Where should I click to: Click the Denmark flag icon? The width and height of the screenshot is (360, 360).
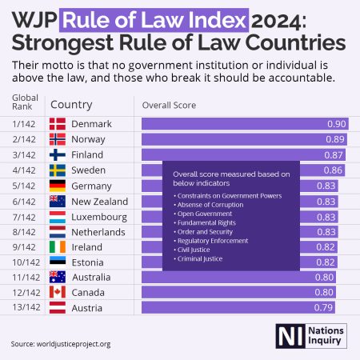point(58,124)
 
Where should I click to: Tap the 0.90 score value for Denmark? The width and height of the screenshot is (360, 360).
point(337,124)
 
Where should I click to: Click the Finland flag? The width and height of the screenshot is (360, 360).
point(58,155)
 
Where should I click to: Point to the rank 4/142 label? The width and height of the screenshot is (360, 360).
point(22,170)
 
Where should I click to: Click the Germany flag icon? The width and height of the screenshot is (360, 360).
point(58,186)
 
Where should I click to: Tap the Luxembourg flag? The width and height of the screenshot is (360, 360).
point(58,217)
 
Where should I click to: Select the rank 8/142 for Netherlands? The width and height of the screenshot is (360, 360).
point(22,232)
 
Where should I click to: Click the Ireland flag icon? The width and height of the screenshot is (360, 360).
point(58,247)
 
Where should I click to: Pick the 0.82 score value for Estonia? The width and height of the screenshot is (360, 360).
point(335,262)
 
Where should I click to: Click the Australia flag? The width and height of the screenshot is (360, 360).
point(58,278)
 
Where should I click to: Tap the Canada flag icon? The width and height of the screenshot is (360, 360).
point(58,293)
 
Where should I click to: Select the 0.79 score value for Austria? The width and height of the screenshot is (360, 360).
point(324,308)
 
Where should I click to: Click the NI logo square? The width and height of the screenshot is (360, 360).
point(286,336)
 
